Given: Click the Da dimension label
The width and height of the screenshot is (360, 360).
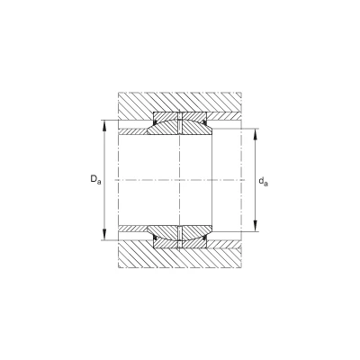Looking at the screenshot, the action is (x=96, y=179).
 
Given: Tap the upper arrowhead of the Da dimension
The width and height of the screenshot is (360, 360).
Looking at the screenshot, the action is (x=104, y=126).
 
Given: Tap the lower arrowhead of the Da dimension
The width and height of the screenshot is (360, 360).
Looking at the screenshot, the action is (x=104, y=234).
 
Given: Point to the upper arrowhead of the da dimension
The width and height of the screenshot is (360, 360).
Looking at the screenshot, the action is (x=256, y=134).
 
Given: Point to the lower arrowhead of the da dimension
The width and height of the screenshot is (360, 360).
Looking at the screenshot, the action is (x=256, y=226).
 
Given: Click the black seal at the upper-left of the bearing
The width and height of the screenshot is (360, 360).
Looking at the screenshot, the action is (x=156, y=122).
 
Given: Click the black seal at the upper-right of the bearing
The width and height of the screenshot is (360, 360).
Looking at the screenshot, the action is (x=204, y=122).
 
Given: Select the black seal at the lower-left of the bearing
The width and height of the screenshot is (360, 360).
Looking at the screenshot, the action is (x=156, y=238).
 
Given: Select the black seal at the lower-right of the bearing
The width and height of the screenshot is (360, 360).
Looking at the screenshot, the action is (x=204, y=238).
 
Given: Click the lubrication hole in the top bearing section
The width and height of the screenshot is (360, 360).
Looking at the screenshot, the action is (x=180, y=123).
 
